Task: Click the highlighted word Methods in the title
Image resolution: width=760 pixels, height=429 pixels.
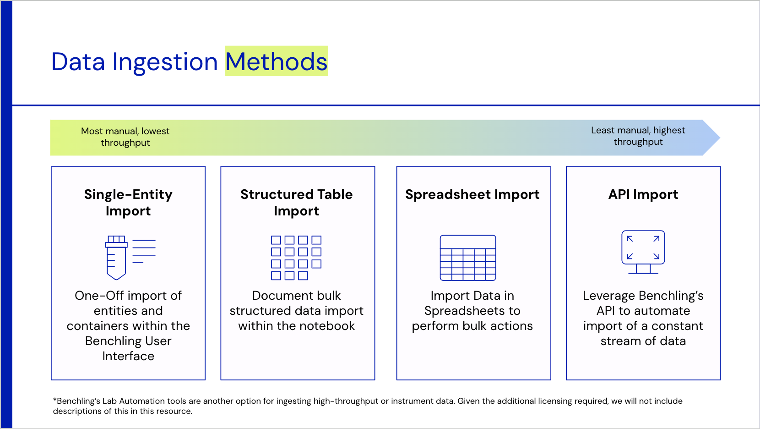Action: pos(276,61)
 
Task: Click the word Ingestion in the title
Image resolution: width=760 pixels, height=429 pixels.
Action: pos(165,63)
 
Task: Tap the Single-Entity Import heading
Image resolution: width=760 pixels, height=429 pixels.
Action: pos(128,203)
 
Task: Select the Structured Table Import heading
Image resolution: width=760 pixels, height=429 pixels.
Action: pos(297,203)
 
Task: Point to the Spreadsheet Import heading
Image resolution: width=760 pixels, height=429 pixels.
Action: pos(472,195)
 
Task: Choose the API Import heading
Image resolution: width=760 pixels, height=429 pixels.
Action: pos(643,195)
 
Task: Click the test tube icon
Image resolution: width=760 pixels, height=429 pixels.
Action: pos(116,258)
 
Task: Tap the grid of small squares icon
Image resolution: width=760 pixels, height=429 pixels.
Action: pos(296,258)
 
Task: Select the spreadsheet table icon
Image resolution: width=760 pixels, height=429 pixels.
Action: pos(468,258)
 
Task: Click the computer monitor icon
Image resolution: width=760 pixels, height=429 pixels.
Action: pos(643,252)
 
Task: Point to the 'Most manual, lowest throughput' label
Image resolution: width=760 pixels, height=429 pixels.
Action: pos(125,137)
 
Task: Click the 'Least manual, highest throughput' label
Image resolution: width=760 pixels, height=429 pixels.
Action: pos(638,136)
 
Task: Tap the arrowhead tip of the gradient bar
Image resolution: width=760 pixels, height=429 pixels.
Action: pos(720,137)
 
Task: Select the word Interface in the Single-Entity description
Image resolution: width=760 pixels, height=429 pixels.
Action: pos(128,356)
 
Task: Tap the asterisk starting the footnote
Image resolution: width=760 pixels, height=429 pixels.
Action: pos(54,400)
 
